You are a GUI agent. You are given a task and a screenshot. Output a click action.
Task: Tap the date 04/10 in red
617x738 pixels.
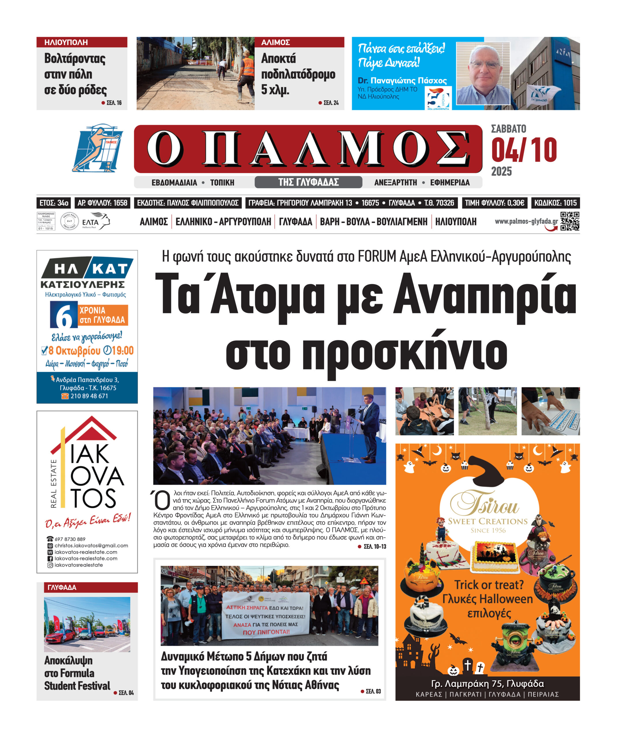pyautogui.click(x=524, y=150)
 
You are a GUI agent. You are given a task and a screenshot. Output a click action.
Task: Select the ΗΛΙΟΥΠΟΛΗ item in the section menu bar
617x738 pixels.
pyautogui.click(x=456, y=222)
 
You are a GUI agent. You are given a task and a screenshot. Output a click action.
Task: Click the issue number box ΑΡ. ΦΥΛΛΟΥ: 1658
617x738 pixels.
pyautogui.click(x=102, y=203)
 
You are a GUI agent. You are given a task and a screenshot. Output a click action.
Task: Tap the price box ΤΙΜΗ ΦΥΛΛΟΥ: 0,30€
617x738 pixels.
pyautogui.click(x=494, y=203)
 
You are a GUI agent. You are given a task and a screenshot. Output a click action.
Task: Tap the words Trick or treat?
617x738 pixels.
pyautogui.click(x=489, y=585)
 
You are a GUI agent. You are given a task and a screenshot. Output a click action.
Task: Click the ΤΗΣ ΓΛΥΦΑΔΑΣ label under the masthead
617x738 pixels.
pyautogui.click(x=308, y=182)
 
